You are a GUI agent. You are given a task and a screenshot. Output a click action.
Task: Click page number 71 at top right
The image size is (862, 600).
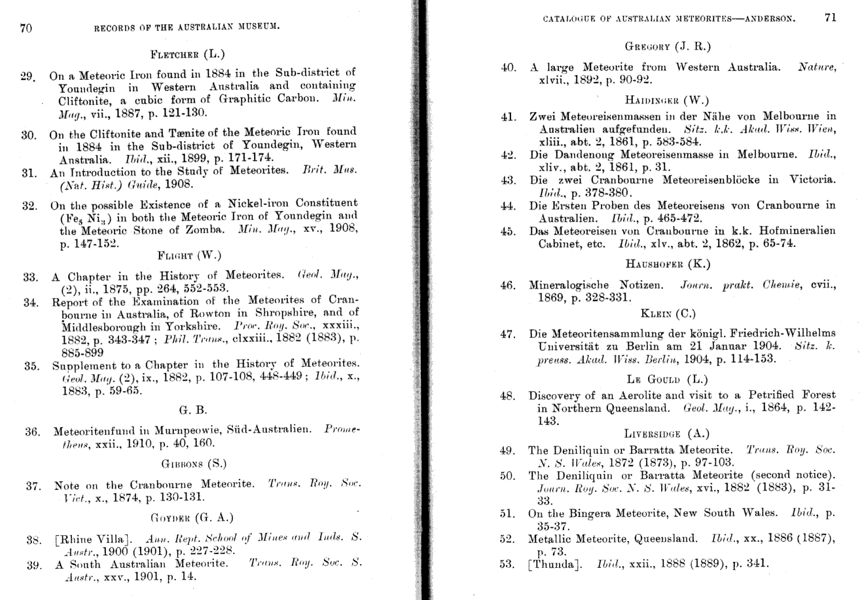click(830, 18)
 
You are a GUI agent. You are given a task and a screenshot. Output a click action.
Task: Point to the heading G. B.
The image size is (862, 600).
click(192, 411)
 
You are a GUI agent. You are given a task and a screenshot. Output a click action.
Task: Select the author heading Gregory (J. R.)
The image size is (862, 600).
click(668, 47)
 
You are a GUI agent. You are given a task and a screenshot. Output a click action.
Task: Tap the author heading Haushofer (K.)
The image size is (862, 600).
click(668, 264)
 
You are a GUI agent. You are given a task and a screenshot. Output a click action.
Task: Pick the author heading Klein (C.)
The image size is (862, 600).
click(668, 313)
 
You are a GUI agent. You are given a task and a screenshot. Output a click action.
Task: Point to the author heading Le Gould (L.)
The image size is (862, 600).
click(668, 379)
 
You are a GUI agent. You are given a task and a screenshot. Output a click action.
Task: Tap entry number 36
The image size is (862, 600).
click(33, 432)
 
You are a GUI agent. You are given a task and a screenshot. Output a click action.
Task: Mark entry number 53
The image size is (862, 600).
click(506, 564)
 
